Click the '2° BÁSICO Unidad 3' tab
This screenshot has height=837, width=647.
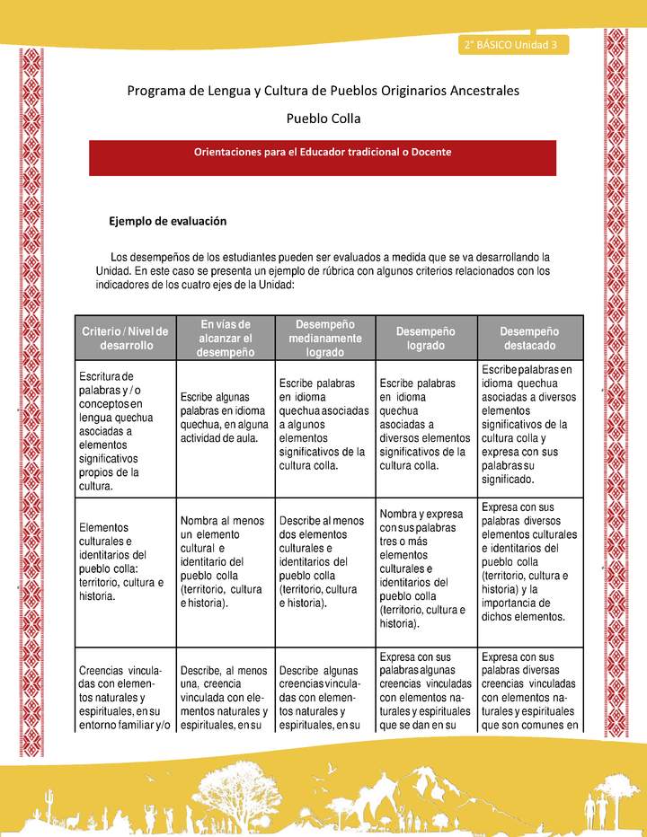point(510,44)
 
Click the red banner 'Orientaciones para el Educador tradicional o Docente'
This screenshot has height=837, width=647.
point(323,152)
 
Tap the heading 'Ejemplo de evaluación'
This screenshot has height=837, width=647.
point(167,221)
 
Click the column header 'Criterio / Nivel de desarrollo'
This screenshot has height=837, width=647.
point(127,339)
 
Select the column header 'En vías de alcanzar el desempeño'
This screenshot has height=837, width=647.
point(225,339)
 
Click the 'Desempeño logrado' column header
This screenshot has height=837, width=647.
point(425,339)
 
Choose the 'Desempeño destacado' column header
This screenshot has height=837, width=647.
point(529,339)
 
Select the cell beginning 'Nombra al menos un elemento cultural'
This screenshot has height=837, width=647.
point(225,561)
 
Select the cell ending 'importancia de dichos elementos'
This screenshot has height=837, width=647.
point(529,561)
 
